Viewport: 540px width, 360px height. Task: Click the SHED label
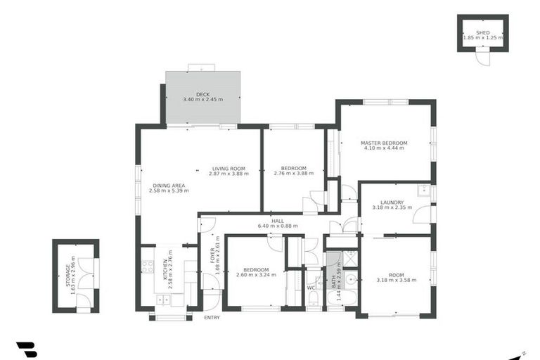(x=482, y=32)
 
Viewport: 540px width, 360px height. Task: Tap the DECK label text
(x=202, y=94)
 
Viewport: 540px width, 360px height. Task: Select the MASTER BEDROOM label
(x=384, y=143)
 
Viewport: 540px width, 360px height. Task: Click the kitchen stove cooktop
(x=148, y=266)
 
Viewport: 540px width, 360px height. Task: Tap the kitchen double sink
(x=162, y=300)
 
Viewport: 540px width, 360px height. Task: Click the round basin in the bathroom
(x=349, y=279)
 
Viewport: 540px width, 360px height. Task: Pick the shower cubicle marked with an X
(x=349, y=258)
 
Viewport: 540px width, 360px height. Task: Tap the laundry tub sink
(x=424, y=189)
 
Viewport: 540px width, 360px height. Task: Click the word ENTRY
(x=211, y=318)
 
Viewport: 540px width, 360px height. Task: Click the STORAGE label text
(x=68, y=275)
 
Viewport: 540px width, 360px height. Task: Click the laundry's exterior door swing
(x=422, y=214)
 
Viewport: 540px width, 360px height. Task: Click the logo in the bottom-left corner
(x=26, y=349)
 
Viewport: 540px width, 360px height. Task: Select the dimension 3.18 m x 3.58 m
(x=397, y=280)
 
